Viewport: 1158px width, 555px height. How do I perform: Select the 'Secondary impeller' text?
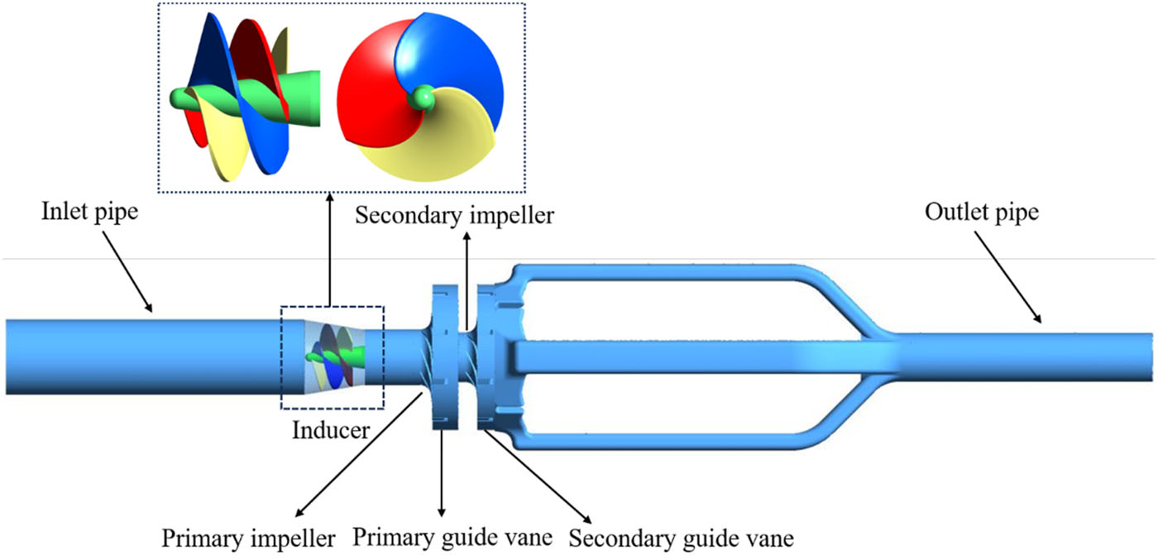tap(454, 216)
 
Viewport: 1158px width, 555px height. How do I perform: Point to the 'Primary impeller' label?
tap(248, 538)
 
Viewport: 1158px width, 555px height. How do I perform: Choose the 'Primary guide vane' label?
tap(452, 538)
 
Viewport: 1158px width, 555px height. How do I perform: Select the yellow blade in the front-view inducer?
tap(430, 145)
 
